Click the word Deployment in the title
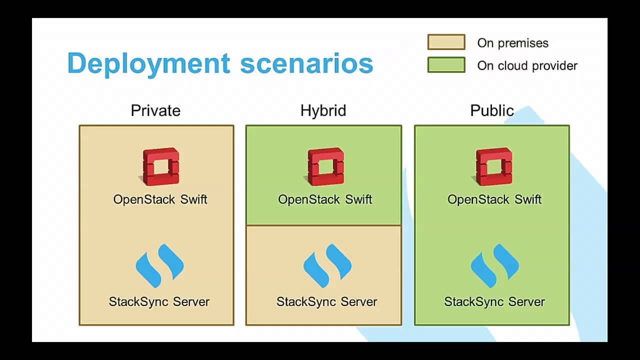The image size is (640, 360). tap(148, 64)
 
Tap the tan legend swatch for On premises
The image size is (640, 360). tap(446, 42)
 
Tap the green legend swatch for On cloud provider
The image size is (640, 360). tap(446, 65)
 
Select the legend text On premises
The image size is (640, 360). tap(512, 43)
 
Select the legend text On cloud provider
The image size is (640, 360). tap(527, 65)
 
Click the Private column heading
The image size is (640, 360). tap(155, 110)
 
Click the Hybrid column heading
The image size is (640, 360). tap(323, 110)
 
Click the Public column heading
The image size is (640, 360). tap(492, 110)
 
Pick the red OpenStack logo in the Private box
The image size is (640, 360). tap(160, 166)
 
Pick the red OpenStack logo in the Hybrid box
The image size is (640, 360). tap(325, 166)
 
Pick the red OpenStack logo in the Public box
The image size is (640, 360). tap(494, 166)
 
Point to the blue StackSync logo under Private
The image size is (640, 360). tap(159, 265)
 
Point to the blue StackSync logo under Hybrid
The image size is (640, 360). tap(327, 265)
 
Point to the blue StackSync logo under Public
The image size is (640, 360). tap(494, 265)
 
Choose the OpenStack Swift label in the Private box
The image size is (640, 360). tap(160, 199)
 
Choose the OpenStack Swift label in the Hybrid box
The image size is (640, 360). tap(325, 199)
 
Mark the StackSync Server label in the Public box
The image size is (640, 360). tap(494, 302)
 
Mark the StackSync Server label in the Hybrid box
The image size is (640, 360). tap(327, 302)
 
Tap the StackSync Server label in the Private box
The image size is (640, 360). tap(159, 302)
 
